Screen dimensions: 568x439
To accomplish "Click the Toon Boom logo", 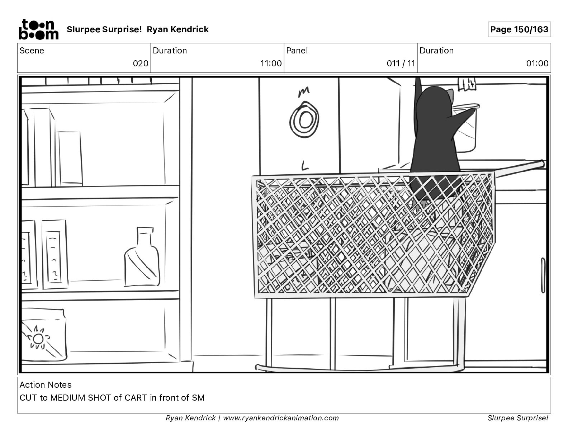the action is (x=39, y=29).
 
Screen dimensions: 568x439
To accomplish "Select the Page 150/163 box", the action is (x=519, y=29).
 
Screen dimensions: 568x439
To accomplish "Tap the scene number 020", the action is (x=141, y=63).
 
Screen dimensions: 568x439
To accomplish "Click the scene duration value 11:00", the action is (x=271, y=63).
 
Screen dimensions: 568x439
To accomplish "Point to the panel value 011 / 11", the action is (x=401, y=63).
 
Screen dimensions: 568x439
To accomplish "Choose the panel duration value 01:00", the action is (x=537, y=63).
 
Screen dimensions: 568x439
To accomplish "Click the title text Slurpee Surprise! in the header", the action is (x=104, y=29).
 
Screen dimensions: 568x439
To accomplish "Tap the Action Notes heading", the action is (x=46, y=384).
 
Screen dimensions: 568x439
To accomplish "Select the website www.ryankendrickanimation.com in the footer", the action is (x=281, y=418).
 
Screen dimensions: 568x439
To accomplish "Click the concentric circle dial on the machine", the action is (x=304, y=120).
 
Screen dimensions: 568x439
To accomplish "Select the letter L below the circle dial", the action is (x=304, y=165).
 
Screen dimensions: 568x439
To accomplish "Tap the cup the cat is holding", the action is (x=465, y=128).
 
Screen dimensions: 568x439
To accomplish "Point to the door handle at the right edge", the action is (x=543, y=275).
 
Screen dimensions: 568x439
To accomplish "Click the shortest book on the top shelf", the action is (x=70, y=159).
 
